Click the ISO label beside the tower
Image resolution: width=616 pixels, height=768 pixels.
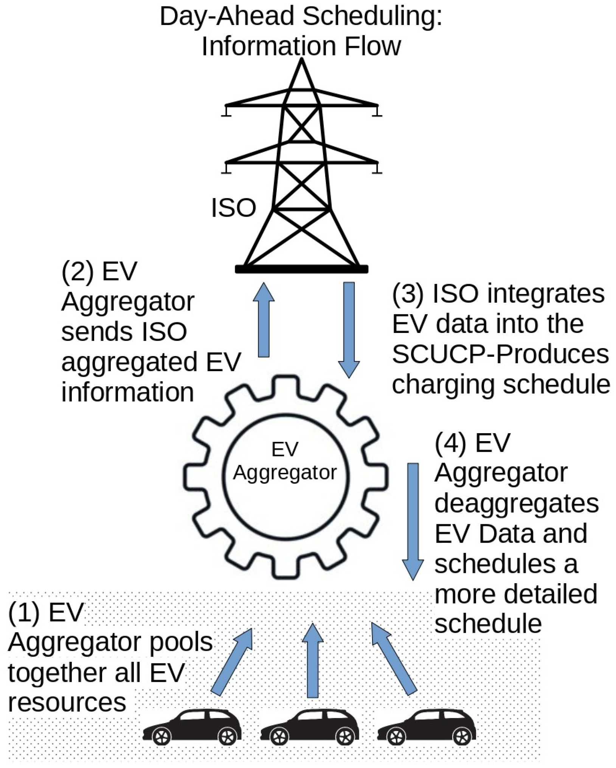click(233, 207)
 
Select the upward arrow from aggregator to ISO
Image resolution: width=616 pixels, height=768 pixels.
click(264, 320)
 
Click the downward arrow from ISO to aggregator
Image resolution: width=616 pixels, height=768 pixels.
click(349, 329)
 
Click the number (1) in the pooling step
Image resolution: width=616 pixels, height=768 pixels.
click(23, 612)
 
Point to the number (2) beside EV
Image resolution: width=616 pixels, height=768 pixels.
click(77, 271)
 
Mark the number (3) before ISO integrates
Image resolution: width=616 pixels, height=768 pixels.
click(408, 294)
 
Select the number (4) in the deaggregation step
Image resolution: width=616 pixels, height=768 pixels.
click(450, 443)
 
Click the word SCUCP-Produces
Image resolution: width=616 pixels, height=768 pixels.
click(500, 354)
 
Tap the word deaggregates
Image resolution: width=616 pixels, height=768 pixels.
click(517, 503)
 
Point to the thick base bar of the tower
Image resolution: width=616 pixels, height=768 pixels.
click(301, 269)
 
